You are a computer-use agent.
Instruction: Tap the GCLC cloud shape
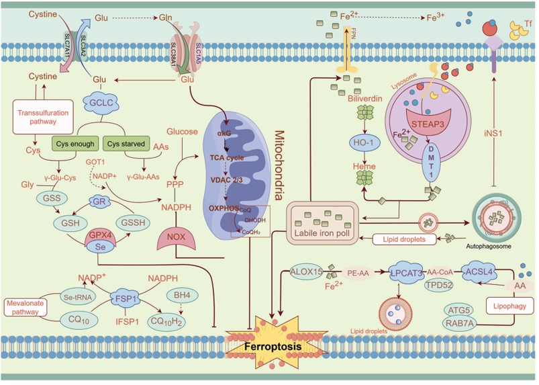(x=99, y=103)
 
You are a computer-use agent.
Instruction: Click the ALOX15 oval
(x=308, y=273)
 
